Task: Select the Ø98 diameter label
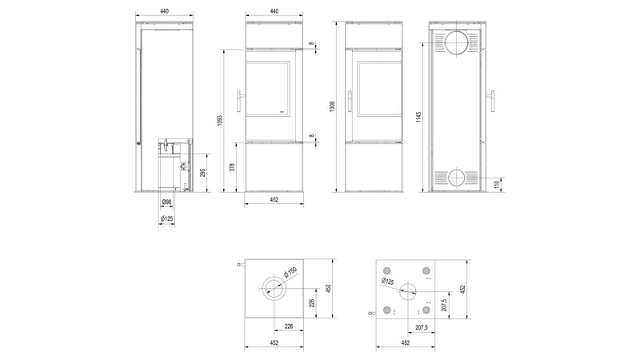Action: [166, 203]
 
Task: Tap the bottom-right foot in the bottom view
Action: [426, 310]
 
